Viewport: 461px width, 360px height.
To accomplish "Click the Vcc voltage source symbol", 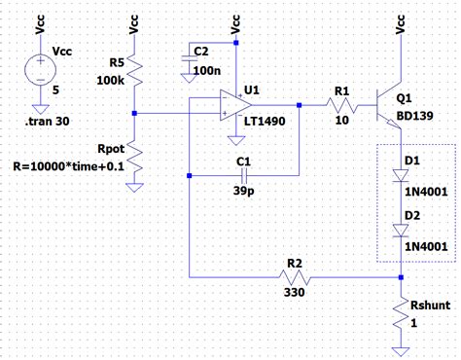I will [40, 71].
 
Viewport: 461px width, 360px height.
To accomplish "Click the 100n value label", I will [206, 72].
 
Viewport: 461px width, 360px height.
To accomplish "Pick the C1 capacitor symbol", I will [243, 175].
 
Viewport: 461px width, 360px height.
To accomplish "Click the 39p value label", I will [242, 193].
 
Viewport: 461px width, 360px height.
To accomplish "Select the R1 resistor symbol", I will [341, 105].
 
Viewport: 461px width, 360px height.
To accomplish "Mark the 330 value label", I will [295, 292].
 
